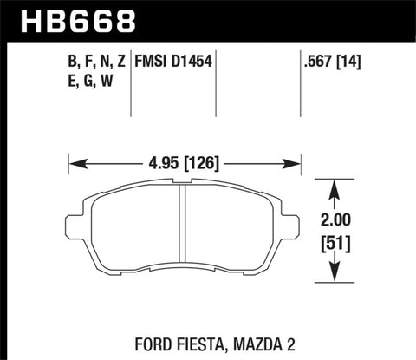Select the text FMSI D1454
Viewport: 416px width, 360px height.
tap(171, 62)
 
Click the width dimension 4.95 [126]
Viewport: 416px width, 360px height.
tap(184, 160)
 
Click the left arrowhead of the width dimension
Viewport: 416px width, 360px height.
tap(74, 160)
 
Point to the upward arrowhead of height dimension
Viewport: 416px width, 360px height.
tap(336, 184)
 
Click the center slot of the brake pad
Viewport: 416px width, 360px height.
tap(184, 230)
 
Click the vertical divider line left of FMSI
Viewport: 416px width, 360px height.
tap(130, 82)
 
